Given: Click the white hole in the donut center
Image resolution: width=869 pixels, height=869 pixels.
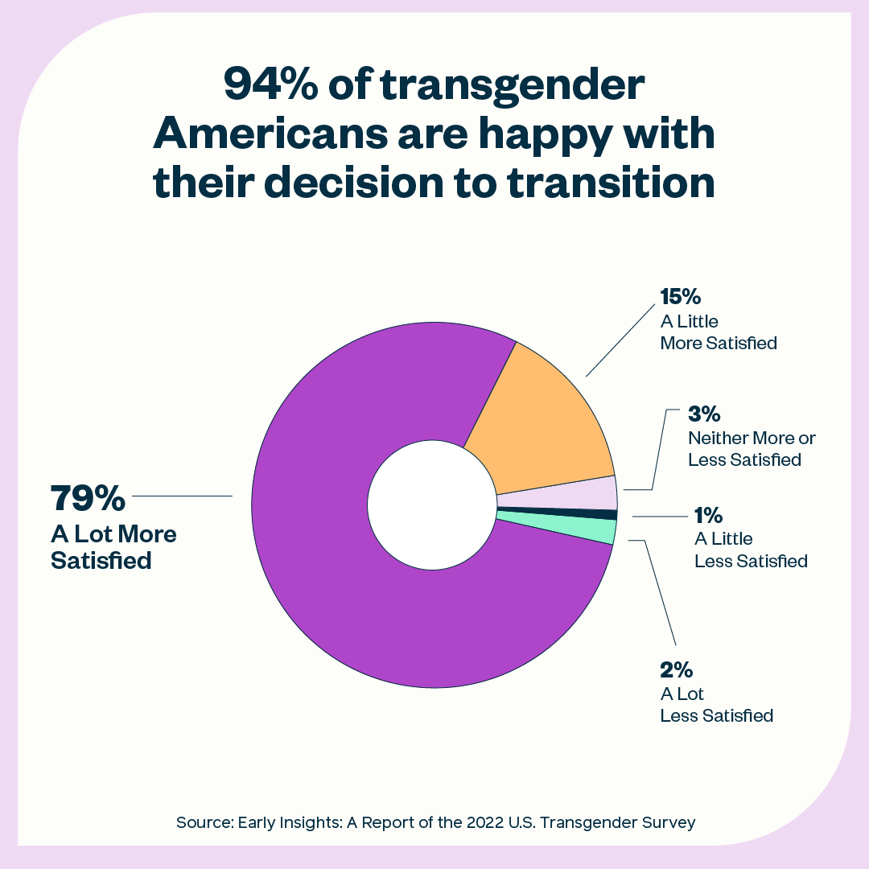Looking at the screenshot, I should (431, 505).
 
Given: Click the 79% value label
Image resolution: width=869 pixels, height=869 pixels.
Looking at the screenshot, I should (89, 498).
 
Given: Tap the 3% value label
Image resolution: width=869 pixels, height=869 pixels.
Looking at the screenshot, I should (704, 415).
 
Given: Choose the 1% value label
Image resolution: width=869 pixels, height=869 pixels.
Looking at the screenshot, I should (708, 515).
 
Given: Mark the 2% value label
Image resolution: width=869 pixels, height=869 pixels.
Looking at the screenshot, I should (677, 669).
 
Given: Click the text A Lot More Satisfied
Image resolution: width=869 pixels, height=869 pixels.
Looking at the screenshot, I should (113, 546).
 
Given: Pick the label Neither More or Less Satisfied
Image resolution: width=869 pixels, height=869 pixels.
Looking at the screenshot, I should (752, 449).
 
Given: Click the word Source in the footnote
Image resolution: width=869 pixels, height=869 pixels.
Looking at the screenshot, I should (203, 822).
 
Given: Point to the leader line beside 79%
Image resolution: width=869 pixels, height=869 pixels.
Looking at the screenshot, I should (182, 496).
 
